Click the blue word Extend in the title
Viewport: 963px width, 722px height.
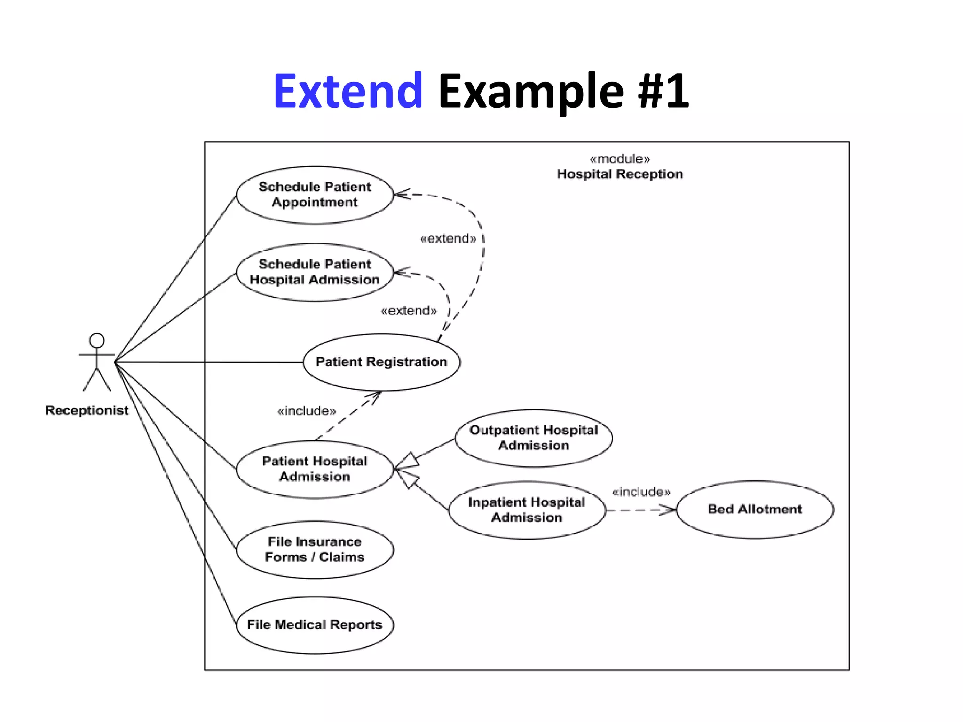(x=348, y=91)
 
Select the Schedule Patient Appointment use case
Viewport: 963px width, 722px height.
(x=314, y=195)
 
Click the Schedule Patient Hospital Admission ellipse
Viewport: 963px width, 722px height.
(x=314, y=272)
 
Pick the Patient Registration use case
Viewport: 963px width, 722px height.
(x=381, y=362)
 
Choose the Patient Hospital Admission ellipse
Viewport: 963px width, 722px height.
(x=314, y=469)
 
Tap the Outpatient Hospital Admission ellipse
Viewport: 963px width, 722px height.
(x=533, y=438)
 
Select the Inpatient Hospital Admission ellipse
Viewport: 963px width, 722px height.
(x=527, y=510)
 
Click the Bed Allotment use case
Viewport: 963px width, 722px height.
(x=754, y=509)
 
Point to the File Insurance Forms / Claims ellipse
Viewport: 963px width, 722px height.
(x=314, y=549)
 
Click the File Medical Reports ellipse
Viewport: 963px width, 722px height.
(x=314, y=625)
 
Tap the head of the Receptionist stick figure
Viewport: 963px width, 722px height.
(x=97, y=340)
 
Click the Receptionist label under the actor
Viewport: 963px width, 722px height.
(x=87, y=410)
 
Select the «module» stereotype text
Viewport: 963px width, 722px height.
(x=620, y=159)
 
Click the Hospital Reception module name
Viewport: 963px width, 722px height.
(x=620, y=174)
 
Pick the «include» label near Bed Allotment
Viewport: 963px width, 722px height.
(x=641, y=492)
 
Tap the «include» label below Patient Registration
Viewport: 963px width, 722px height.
(x=307, y=411)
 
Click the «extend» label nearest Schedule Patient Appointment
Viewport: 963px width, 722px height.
(x=448, y=239)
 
